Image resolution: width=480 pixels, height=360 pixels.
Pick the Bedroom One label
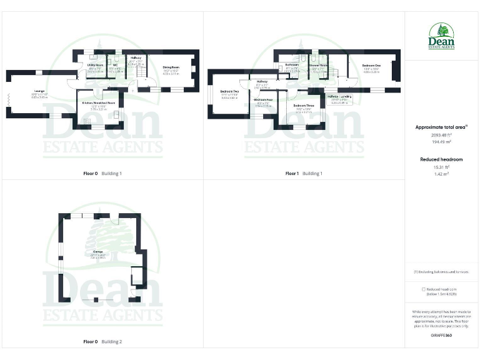371,67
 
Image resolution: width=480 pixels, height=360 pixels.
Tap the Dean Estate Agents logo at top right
442,36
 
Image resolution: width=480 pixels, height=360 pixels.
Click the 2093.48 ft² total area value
442,135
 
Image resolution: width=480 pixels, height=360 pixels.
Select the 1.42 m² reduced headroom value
442,174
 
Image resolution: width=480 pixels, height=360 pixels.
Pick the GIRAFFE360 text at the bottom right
441,335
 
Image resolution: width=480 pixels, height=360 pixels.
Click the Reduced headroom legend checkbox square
424,289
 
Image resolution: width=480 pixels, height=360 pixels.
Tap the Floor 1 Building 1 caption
304,173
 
